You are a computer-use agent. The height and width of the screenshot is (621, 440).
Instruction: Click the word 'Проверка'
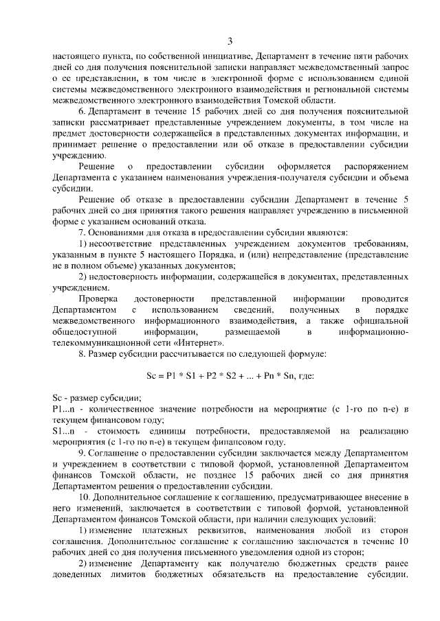pos(98,299)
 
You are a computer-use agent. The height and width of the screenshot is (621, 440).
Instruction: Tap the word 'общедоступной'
pos(82,331)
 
